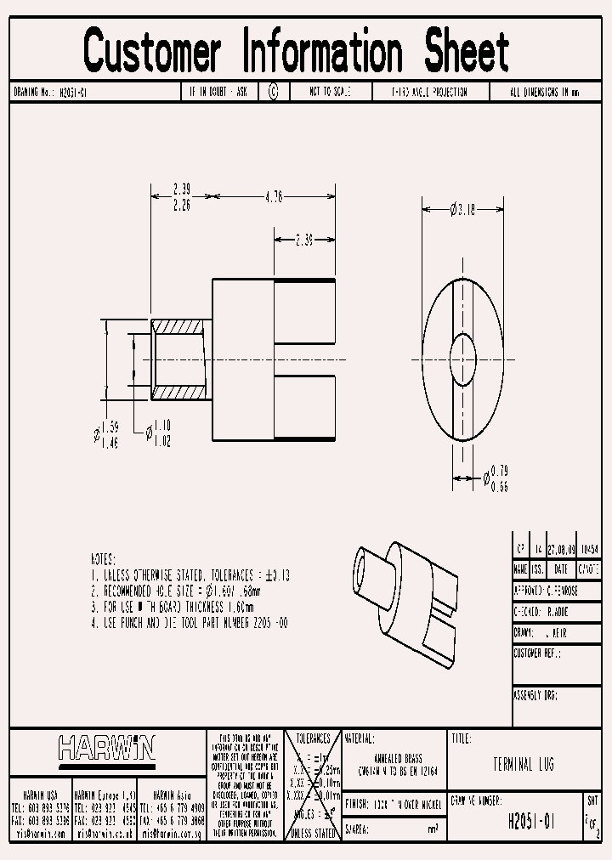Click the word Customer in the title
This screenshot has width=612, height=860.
152,51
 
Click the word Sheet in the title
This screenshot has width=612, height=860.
467,51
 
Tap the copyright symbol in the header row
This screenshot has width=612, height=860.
273,92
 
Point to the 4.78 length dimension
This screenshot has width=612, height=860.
273,196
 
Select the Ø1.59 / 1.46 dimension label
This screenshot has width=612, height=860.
105,435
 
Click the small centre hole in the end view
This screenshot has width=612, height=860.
463,350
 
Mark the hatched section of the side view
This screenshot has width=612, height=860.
179,359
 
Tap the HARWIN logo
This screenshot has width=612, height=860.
107,749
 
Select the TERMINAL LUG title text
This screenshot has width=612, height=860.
523,765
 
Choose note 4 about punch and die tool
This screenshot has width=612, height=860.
190,623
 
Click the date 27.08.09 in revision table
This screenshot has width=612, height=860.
561,550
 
